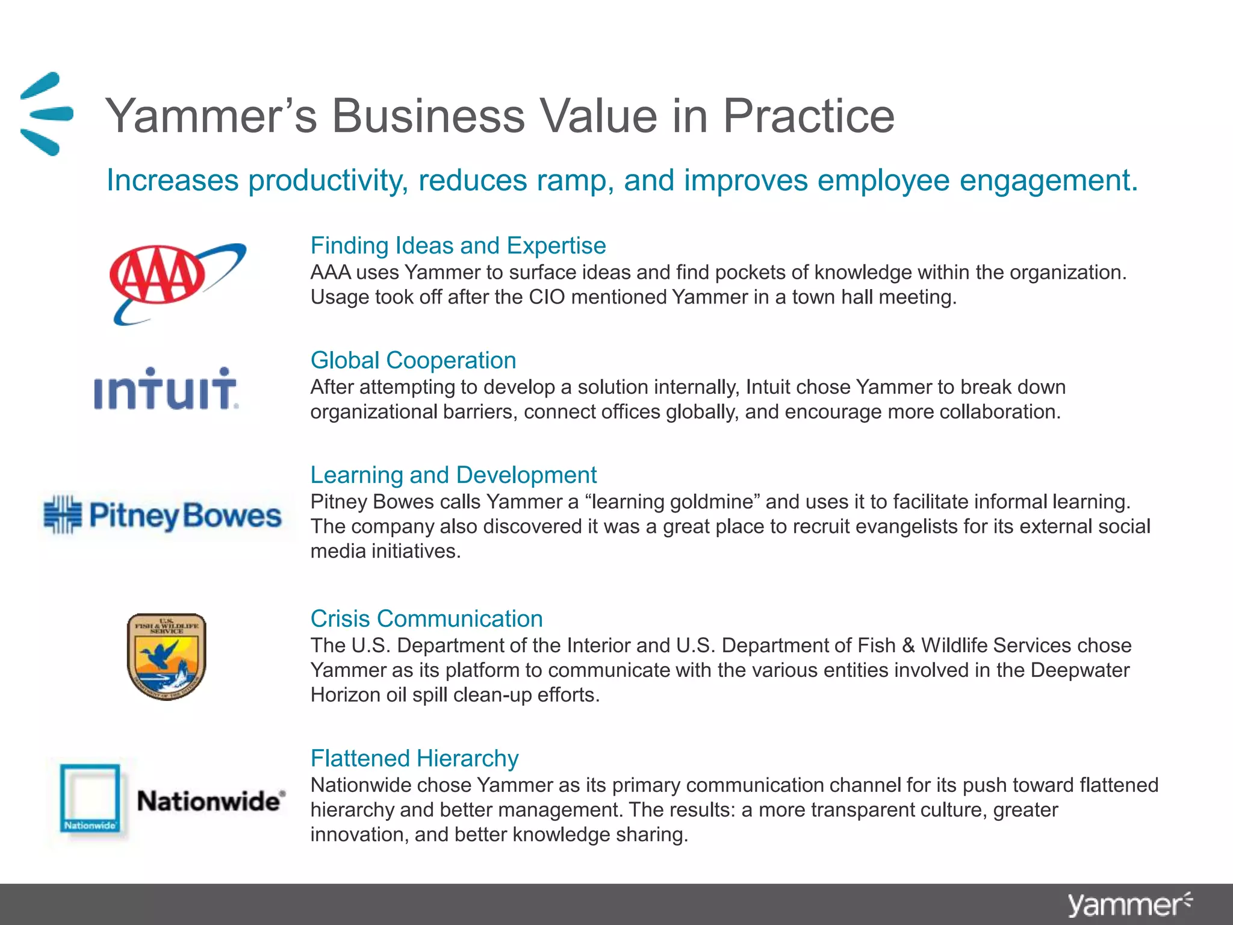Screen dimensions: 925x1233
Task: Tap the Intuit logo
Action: (166, 390)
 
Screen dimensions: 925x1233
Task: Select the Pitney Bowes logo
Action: (163, 515)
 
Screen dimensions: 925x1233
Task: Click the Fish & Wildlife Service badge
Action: (167, 656)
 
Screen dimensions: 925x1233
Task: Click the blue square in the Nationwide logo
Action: (90, 798)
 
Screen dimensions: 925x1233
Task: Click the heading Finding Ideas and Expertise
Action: (458, 246)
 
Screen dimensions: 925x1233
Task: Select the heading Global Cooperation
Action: (413, 360)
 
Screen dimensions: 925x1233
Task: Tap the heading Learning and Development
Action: (453, 475)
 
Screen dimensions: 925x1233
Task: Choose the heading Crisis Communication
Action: (426, 618)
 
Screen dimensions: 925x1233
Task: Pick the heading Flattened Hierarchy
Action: (414, 758)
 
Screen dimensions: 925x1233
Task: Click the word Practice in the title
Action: (808, 116)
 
